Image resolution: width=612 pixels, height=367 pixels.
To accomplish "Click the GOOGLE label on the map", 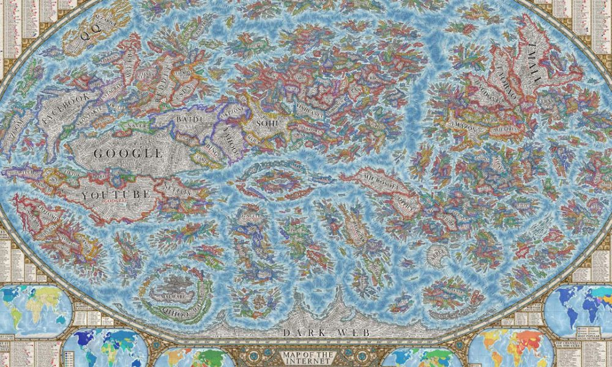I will pyautogui.click(x=128, y=154).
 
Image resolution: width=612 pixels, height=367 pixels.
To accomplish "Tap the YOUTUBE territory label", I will pyautogui.click(x=116, y=195).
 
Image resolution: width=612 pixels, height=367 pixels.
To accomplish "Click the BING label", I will pyautogui.click(x=208, y=150).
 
